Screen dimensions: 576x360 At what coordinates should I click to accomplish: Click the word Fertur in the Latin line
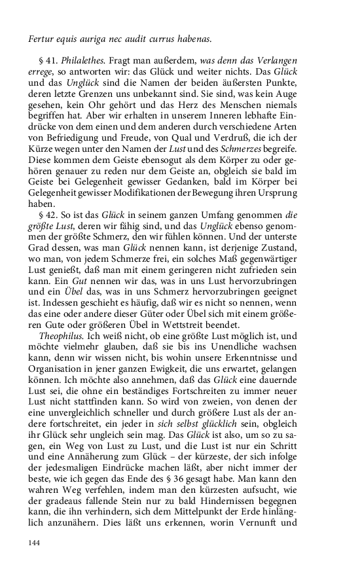41,39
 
